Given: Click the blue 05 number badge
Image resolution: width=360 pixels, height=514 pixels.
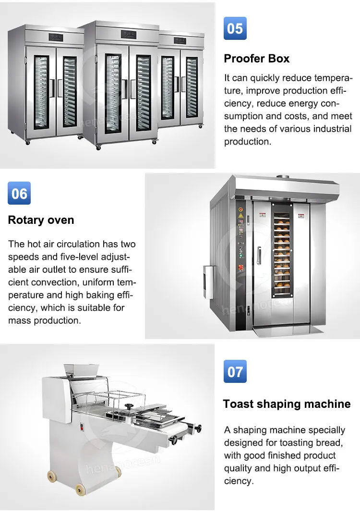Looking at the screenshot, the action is tap(235, 28).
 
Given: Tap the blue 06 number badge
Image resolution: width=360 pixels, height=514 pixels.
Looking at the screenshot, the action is tap(19, 193).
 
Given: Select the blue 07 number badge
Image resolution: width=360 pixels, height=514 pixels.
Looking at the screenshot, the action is tap(235, 371).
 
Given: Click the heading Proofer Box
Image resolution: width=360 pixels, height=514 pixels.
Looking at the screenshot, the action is tap(256, 59).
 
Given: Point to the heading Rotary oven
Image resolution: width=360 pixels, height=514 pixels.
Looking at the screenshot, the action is tap(41, 220).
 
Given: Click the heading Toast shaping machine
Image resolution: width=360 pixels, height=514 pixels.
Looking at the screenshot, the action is tap(287, 404).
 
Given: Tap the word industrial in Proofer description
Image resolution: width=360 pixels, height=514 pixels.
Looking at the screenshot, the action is tap(332, 129).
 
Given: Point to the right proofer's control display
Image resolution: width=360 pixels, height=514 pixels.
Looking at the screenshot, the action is tap(180, 41).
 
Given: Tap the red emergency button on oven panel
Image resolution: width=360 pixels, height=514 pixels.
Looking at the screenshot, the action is tap(240, 267).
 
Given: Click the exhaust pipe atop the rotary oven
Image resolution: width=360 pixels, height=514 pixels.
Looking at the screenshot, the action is tap(282, 177).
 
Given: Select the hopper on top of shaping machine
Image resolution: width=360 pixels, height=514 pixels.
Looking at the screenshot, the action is tap(81, 370).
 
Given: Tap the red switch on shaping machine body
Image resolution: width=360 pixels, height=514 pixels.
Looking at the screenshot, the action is tap(82, 427).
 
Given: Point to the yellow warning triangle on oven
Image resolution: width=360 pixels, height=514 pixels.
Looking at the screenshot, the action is tap(241, 215).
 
